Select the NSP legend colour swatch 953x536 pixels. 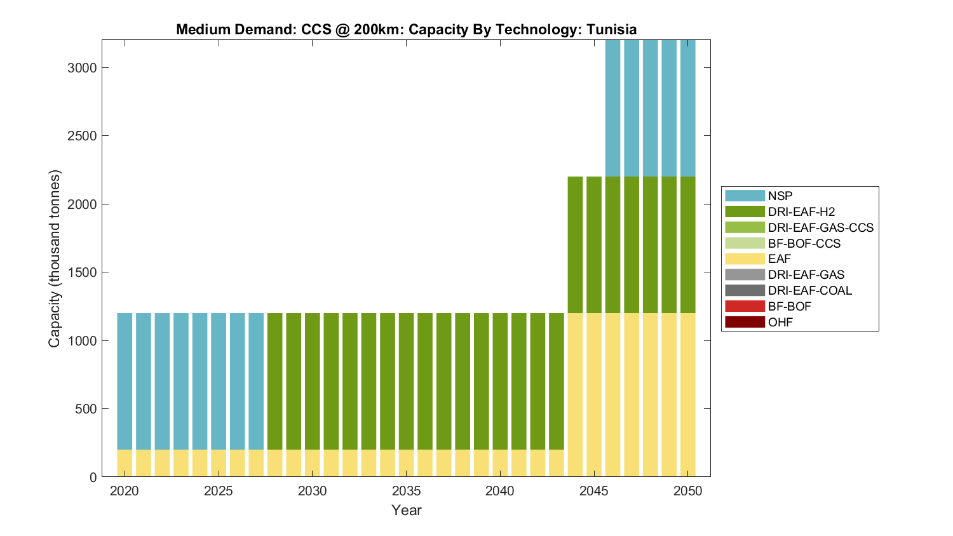pos(745,196)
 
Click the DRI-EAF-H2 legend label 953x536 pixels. pos(801,211)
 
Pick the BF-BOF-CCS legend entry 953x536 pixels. pos(804,243)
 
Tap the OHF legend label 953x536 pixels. pos(780,322)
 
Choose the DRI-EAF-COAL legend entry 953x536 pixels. pos(809,290)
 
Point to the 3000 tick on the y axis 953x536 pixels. pos(83,68)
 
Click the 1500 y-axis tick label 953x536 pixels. pos(83,272)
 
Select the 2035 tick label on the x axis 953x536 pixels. pos(407,491)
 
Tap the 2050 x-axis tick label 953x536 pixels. pos(688,491)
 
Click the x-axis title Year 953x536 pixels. pos(407,510)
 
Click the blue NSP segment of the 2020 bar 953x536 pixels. pos(125,381)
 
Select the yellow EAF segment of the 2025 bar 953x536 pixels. pos(219,463)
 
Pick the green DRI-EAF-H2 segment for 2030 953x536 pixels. pos(313,381)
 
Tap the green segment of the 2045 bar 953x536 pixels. pos(594,245)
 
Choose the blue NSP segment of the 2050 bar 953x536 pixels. pos(688,108)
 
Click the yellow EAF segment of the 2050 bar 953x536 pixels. pos(688,394)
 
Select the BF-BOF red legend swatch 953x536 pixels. pos(745,306)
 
